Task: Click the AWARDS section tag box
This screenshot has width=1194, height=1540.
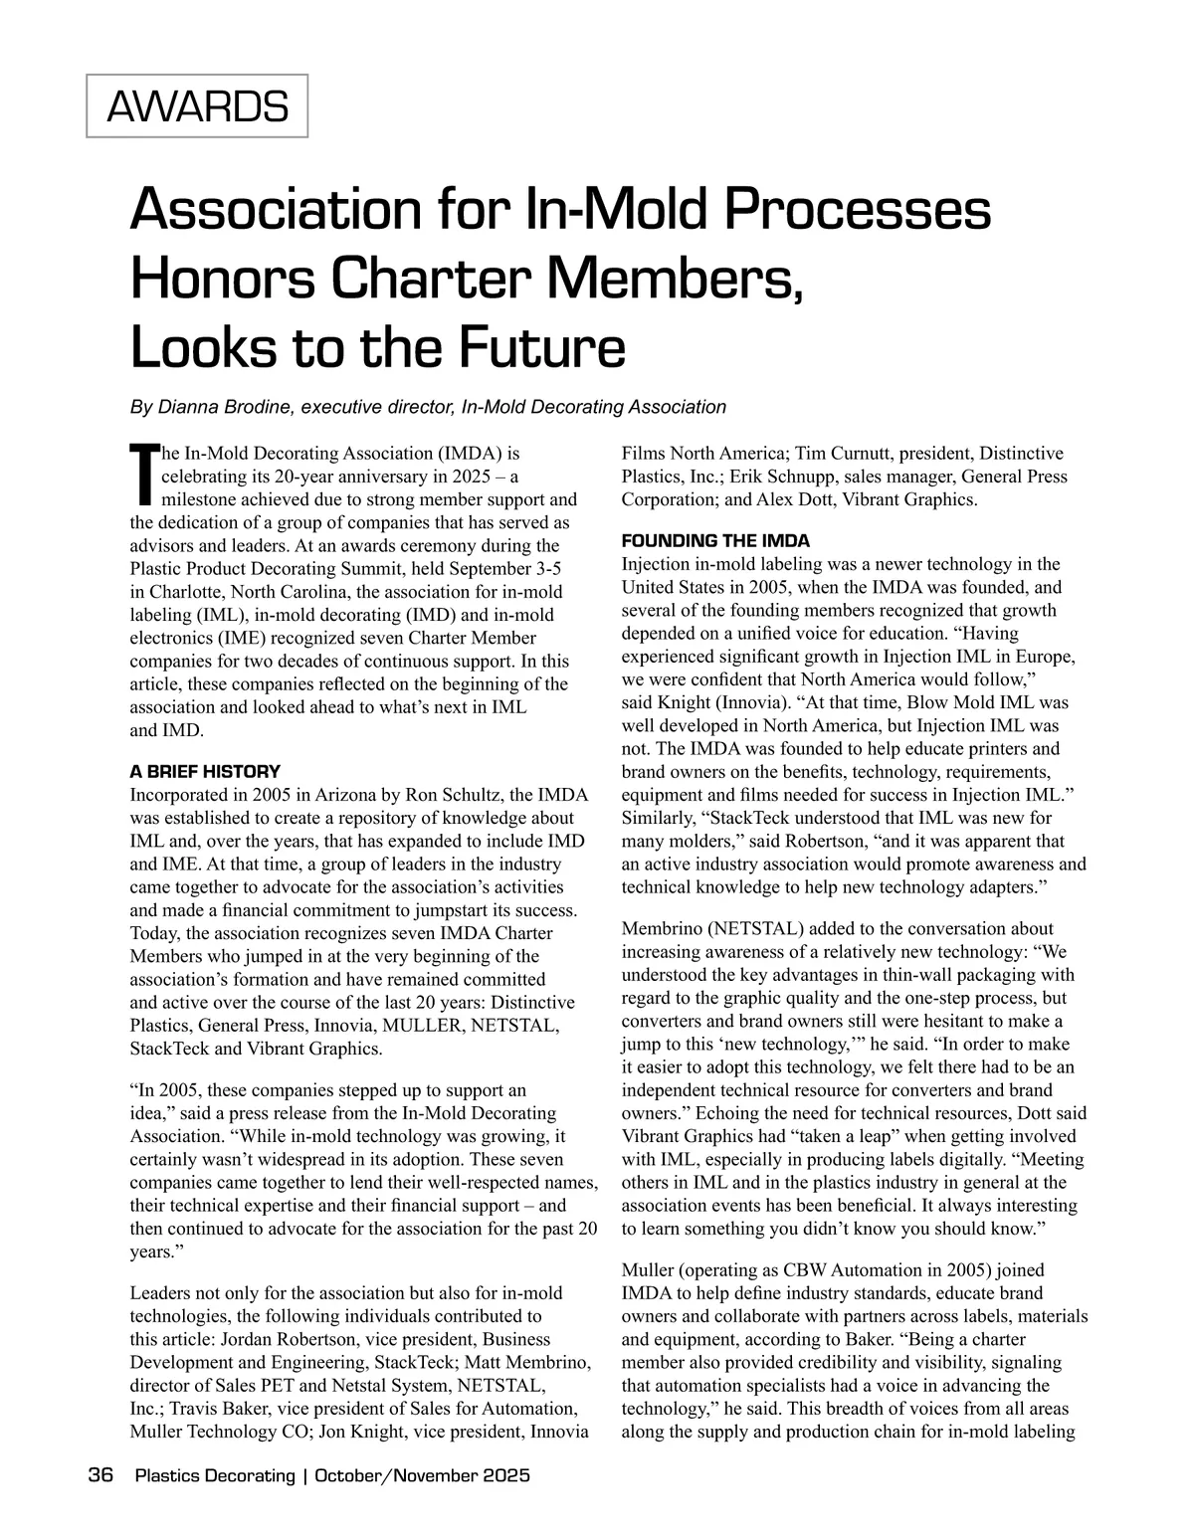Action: [x=197, y=105]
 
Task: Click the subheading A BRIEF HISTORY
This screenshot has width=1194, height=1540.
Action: [x=205, y=772]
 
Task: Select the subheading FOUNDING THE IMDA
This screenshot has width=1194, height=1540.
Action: [x=715, y=541]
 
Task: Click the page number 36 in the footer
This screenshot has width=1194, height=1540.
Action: [x=100, y=1475]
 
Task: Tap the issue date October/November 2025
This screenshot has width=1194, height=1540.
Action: [x=422, y=1475]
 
